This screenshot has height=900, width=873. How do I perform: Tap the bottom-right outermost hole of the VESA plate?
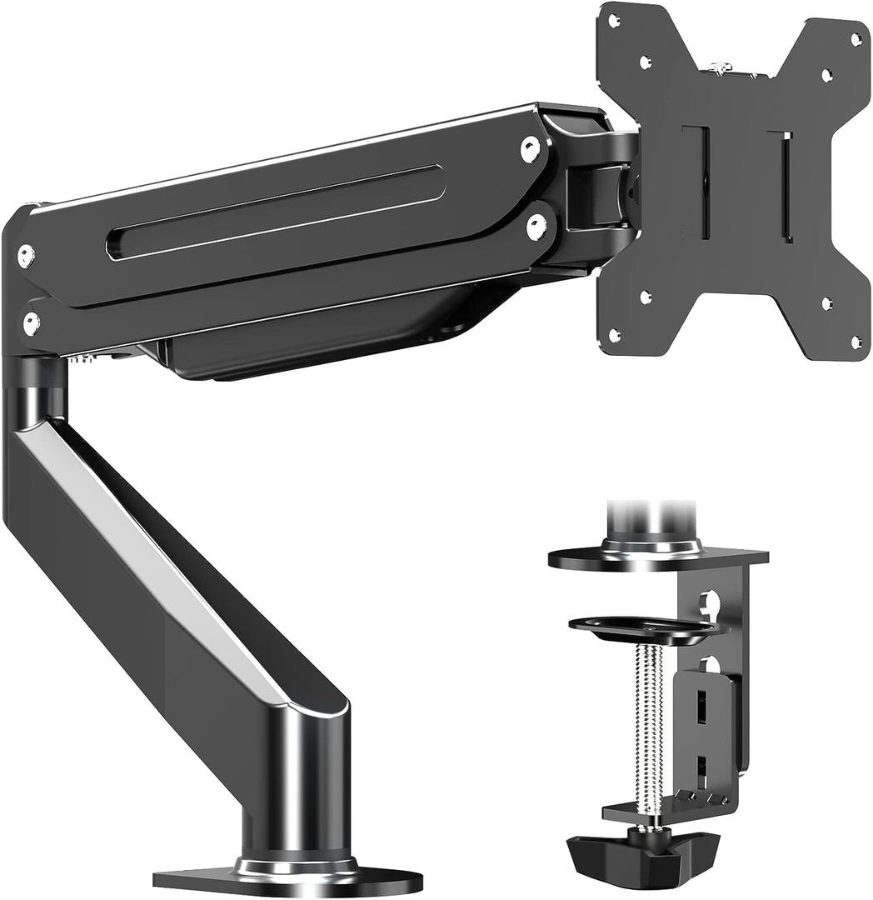(856, 341)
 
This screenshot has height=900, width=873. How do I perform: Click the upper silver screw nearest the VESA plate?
(530, 148)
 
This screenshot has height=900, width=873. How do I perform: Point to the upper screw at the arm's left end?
(26, 256)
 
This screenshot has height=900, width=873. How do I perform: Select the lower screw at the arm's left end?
(31, 324)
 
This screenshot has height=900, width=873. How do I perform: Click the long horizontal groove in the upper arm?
(275, 212)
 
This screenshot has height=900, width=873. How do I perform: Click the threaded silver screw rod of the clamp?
(648, 725)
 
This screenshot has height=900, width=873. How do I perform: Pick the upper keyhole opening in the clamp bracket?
(709, 602)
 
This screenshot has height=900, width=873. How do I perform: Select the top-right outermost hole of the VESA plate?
(856, 39)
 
